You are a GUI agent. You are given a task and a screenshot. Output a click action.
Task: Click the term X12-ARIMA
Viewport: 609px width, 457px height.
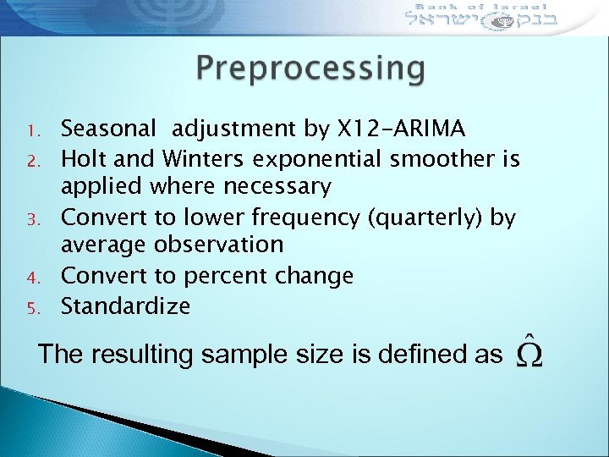click(x=401, y=129)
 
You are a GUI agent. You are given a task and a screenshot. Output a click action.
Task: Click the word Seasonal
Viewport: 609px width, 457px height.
click(x=109, y=129)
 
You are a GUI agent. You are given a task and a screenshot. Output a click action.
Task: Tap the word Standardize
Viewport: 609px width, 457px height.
click(x=126, y=305)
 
